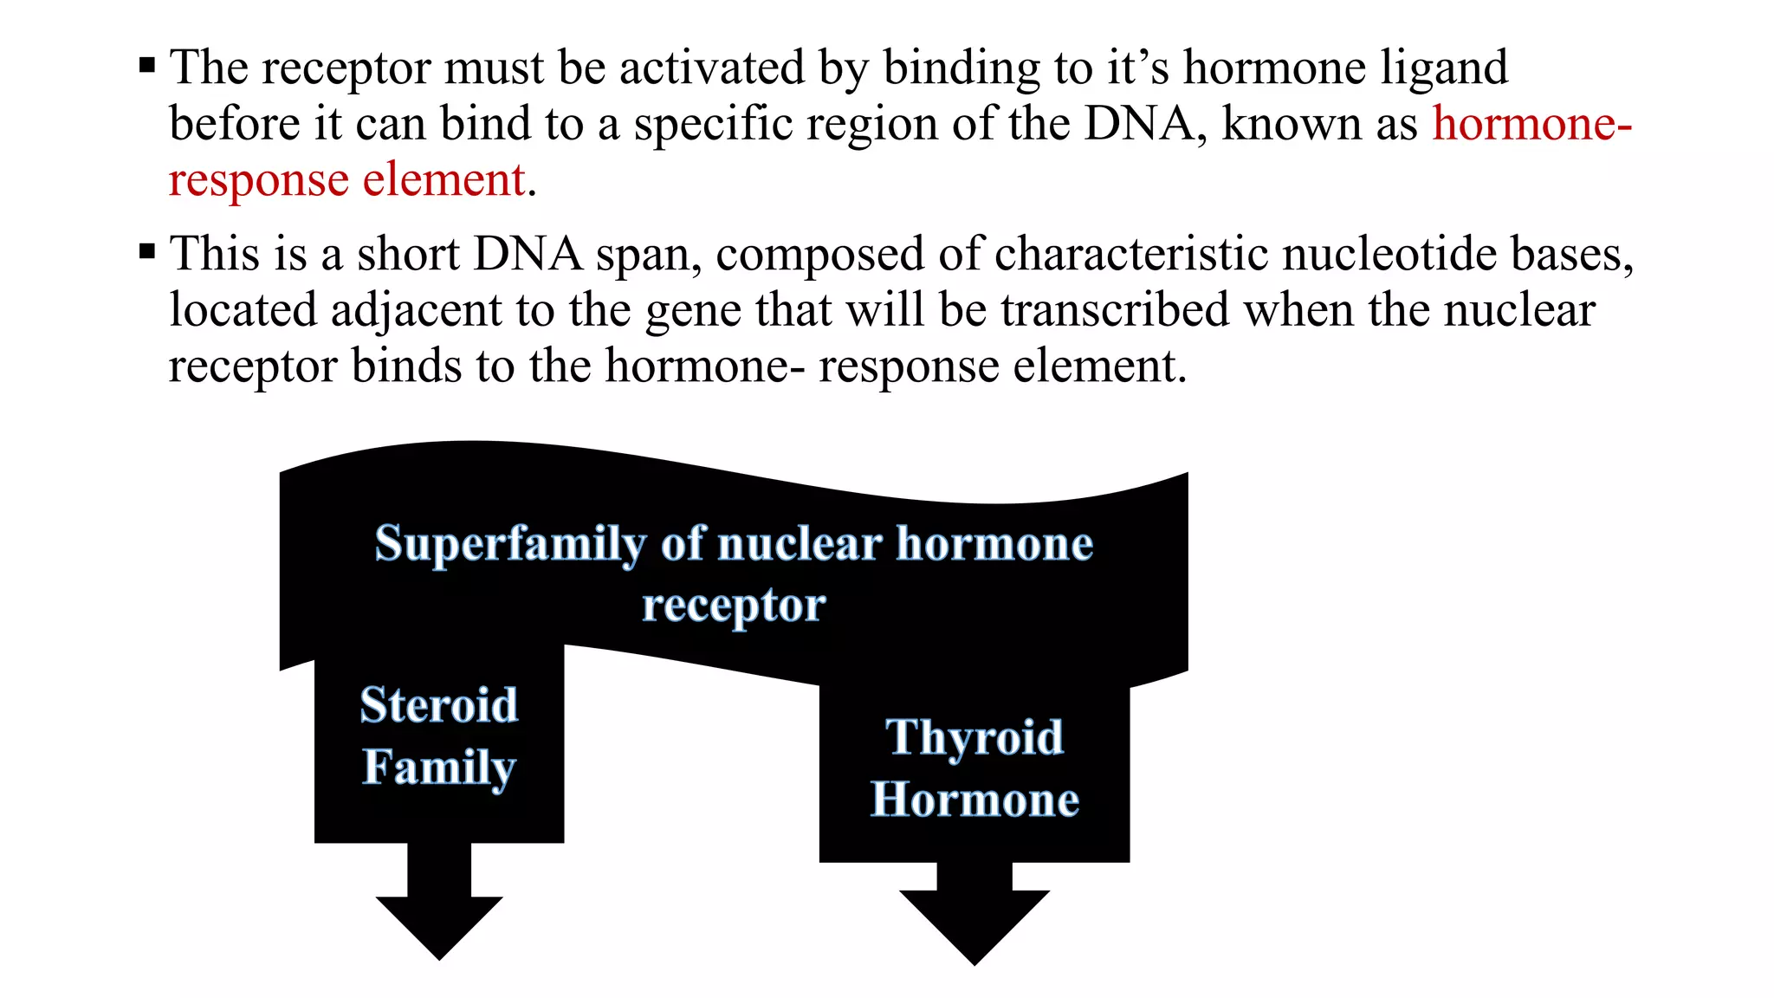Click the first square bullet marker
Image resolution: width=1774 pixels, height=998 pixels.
147,65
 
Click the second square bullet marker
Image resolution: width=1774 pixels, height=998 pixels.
147,252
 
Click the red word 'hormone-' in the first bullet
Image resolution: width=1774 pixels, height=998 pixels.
1531,124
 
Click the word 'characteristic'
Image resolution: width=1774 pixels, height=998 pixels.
1130,255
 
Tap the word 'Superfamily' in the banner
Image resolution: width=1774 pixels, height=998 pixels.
510,545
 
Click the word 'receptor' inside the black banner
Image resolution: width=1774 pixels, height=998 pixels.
733,605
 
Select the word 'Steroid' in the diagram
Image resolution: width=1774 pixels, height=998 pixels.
439,704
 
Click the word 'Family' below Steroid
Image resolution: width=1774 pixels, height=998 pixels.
439,767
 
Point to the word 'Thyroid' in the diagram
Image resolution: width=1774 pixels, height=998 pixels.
974,737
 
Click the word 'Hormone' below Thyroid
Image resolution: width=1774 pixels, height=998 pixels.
974,799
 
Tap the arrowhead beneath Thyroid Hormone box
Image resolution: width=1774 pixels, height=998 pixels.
974,925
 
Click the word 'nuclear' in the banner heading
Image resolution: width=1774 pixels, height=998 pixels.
800,545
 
